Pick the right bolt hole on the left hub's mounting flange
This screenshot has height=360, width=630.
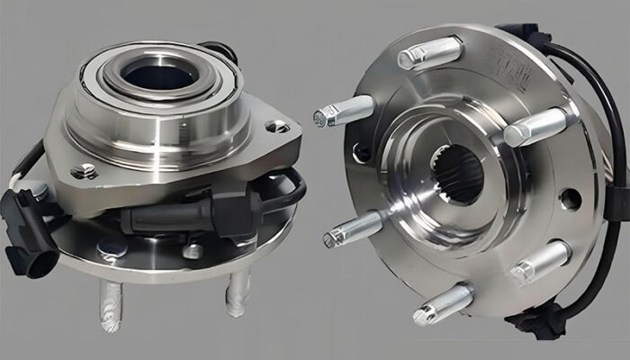coord(280,127)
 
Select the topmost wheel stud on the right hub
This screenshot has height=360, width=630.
coord(430,53)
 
